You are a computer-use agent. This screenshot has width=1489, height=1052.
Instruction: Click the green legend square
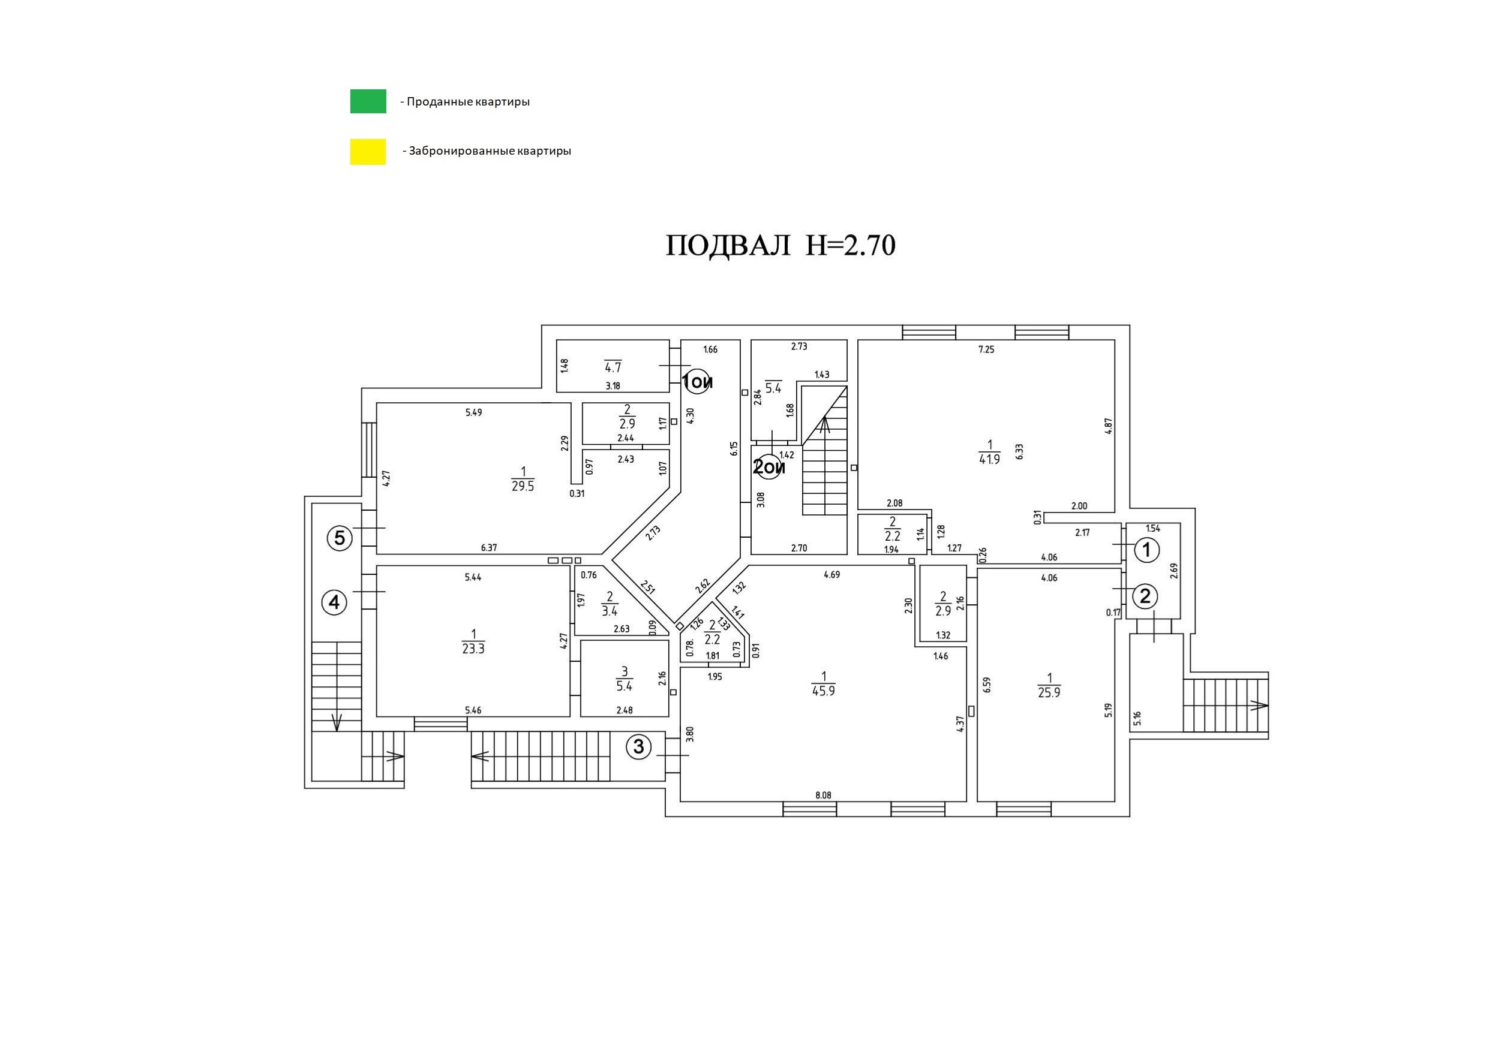coord(368,101)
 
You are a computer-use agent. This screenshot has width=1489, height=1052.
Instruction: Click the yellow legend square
coord(368,152)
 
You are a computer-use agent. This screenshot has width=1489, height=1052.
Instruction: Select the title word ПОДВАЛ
coord(728,246)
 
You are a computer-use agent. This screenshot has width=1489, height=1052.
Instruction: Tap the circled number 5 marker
coord(339,538)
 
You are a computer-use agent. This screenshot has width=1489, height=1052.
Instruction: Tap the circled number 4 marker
coord(334,603)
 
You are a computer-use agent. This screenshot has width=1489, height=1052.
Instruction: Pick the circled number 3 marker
coord(639,747)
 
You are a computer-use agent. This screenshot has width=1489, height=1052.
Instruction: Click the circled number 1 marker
coord(1146,550)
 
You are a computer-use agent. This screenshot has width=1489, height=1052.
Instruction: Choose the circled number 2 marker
coord(1145,596)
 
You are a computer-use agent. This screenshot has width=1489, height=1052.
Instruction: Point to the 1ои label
coord(697,382)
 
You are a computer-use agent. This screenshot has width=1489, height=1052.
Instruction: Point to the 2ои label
coord(768,467)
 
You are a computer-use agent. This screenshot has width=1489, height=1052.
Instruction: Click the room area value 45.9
coord(823,691)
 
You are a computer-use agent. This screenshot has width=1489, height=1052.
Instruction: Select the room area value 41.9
coord(989,459)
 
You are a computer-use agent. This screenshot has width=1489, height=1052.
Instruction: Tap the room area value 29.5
coord(523,486)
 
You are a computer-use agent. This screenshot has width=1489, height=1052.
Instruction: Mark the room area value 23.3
coord(473,648)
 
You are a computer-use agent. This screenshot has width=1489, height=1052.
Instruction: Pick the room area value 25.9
coord(1049,692)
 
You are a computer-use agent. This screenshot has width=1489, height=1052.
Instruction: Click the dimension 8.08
coord(823,795)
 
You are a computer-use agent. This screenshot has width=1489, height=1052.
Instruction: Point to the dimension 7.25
coord(986,349)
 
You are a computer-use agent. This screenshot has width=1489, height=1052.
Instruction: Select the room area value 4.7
coord(613,368)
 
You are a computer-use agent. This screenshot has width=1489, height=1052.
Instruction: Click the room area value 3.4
coord(610,611)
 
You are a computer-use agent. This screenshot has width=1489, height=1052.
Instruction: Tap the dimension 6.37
coord(489,548)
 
